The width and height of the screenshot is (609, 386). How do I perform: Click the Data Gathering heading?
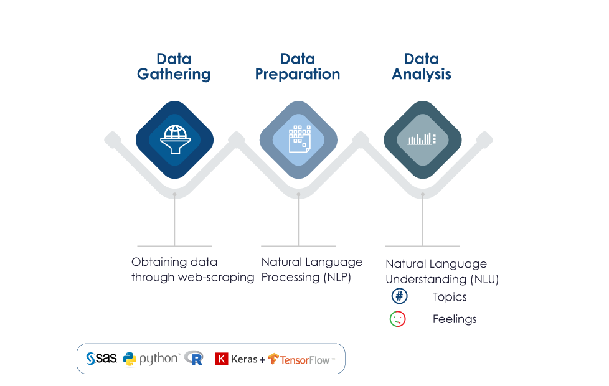(174, 67)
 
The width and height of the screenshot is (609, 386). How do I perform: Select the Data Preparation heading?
(298, 67)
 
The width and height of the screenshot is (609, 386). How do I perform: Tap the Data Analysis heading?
(422, 67)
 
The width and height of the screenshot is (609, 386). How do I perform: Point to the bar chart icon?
(422, 139)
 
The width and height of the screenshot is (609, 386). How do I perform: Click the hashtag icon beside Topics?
(399, 297)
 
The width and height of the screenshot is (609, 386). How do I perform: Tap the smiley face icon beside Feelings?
(398, 319)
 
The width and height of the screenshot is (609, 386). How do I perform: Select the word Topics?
(450, 297)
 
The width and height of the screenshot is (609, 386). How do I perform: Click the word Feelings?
(455, 319)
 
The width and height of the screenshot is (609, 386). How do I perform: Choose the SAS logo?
(101, 359)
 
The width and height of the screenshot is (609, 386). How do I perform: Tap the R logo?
(194, 358)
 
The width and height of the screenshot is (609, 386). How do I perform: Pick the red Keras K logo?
(221, 359)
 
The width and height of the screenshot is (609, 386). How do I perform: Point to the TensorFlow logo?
(301, 359)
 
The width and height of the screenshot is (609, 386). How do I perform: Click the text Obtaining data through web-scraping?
(192, 270)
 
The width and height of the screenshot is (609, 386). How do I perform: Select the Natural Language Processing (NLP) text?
(311, 270)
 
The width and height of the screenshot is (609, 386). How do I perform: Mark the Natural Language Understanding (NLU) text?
(441, 271)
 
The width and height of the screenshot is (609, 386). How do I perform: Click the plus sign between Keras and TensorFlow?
(262, 359)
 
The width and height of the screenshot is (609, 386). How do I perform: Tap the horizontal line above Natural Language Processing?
(298, 247)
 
